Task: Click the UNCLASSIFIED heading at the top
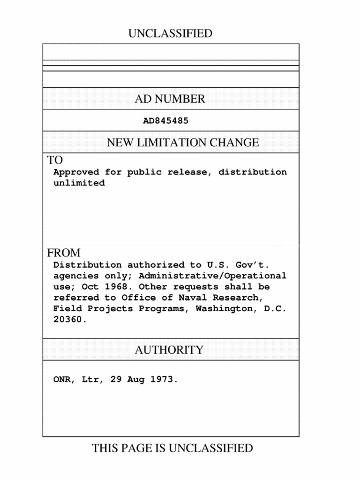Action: (170, 34)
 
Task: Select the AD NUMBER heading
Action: (170, 99)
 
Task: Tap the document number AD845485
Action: (165, 121)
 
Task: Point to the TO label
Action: (55, 160)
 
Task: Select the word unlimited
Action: (79, 183)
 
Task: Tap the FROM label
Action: (64, 253)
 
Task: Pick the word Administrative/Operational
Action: (212, 276)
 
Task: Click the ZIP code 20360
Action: (70, 320)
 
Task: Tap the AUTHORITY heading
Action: (169, 350)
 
